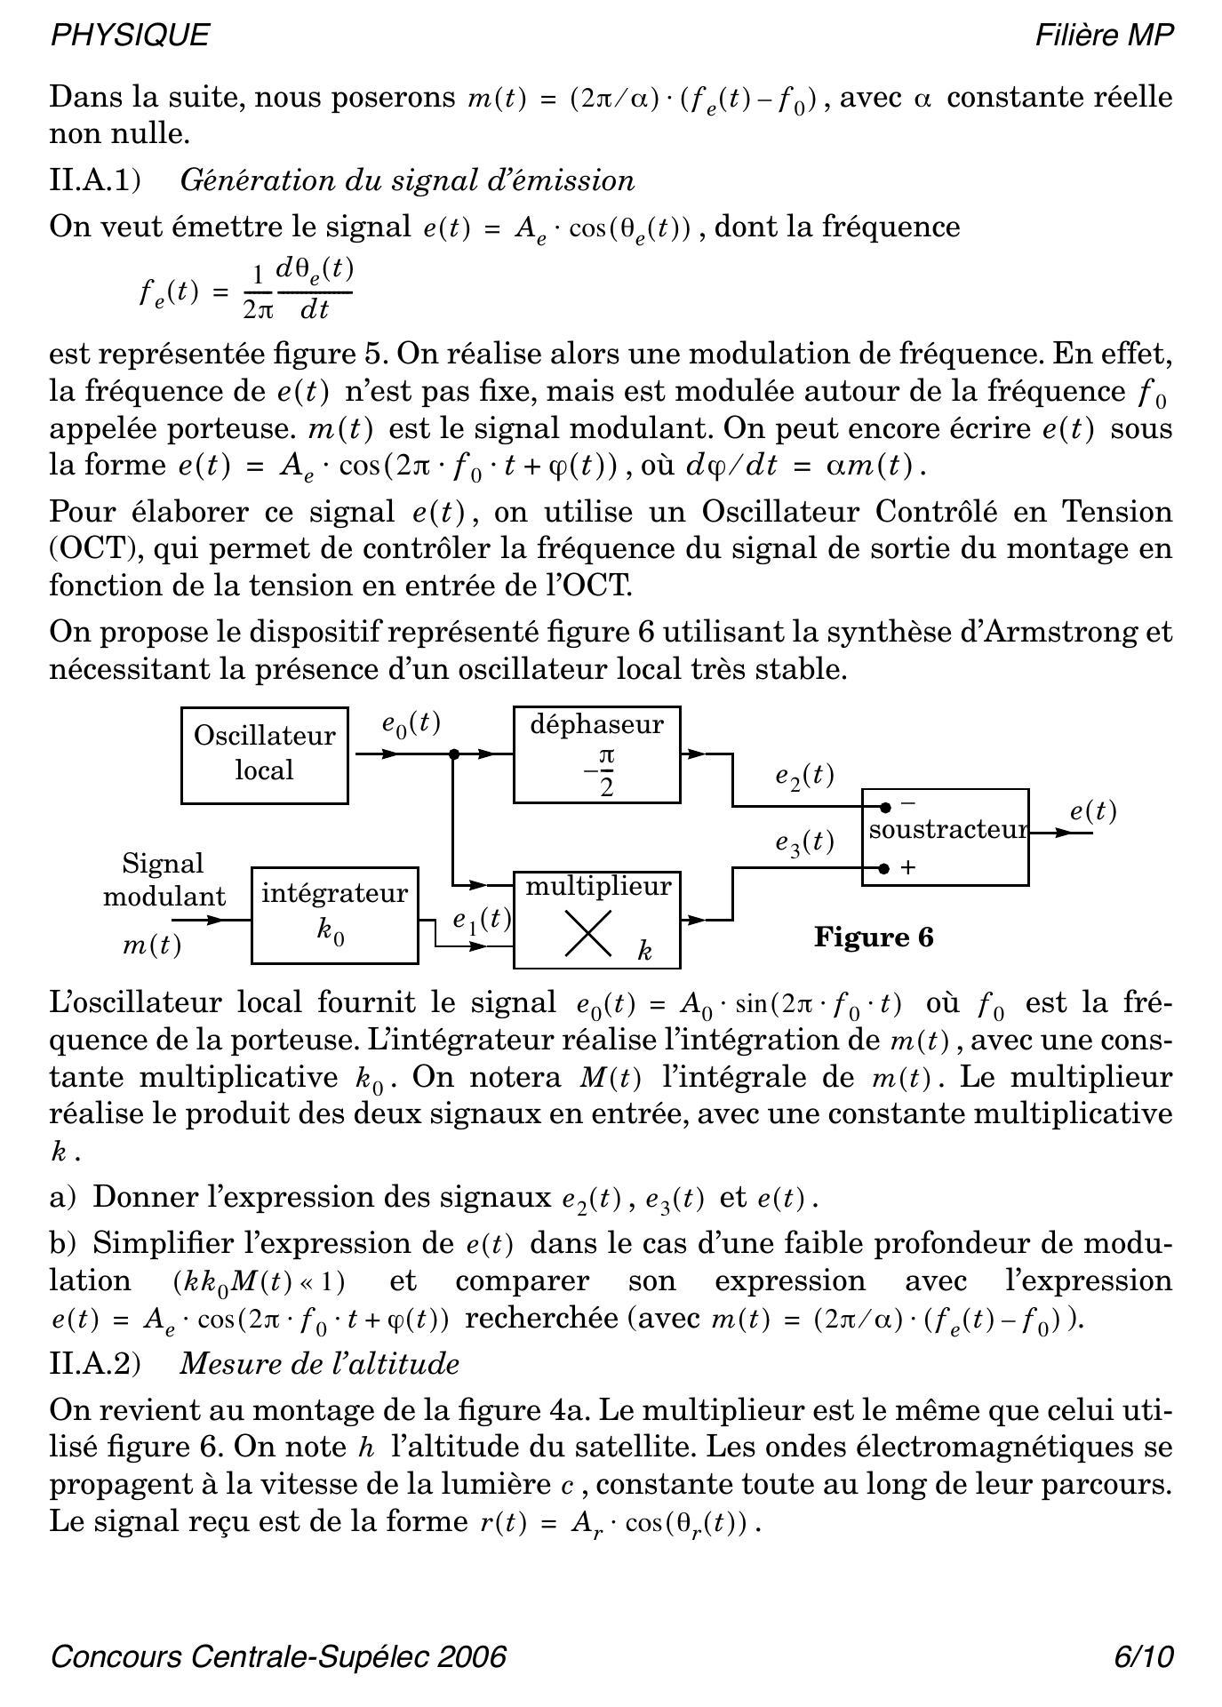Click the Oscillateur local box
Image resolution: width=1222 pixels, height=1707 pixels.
pyautogui.click(x=264, y=755)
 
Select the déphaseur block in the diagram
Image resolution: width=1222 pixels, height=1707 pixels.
pyautogui.click(x=597, y=755)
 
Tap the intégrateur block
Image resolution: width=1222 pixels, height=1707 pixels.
pyautogui.click(x=335, y=915)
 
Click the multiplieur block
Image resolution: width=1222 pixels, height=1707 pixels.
pyautogui.click(x=597, y=920)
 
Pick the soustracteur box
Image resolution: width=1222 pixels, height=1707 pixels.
pyautogui.click(x=946, y=836)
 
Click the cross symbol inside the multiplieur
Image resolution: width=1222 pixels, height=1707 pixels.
pyautogui.click(x=588, y=935)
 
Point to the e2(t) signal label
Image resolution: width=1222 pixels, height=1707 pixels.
pyautogui.click(x=804, y=776)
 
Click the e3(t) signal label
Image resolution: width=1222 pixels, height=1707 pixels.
pyautogui.click(x=804, y=842)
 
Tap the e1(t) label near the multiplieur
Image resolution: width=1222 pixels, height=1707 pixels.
pyautogui.click(x=481, y=920)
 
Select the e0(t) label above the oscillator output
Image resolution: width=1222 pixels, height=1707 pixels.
pyautogui.click(x=411, y=723)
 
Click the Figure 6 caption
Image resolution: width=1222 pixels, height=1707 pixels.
pyautogui.click(x=874, y=937)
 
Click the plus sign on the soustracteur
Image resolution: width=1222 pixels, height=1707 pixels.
pyautogui.click(x=908, y=867)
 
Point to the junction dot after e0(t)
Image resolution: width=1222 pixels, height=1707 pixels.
pyautogui.click(x=454, y=754)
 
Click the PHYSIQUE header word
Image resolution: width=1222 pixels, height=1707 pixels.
pyautogui.click(x=130, y=35)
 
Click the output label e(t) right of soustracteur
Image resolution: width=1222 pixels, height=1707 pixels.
pyautogui.click(x=1092, y=811)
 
